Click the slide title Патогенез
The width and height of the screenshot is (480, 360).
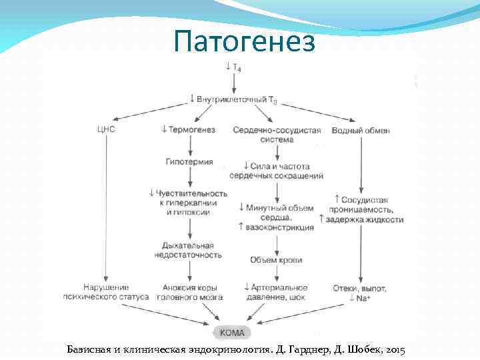coord(243,41)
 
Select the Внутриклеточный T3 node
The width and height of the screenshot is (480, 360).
coord(233,99)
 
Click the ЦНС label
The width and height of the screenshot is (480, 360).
coord(105,129)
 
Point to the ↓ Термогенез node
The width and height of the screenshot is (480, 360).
coord(189,129)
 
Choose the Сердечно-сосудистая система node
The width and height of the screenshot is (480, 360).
coord(277,135)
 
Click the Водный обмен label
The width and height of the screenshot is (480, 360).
coord(361,129)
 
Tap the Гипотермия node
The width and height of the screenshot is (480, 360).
coord(189,161)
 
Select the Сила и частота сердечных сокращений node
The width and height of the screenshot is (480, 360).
coord(276,171)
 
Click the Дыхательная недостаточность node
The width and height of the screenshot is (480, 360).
coord(189,250)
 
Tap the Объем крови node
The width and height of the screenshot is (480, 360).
coord(276,259)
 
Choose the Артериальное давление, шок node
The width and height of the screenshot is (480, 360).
coord(275,292)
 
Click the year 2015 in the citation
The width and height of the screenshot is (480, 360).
coord(393,349)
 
